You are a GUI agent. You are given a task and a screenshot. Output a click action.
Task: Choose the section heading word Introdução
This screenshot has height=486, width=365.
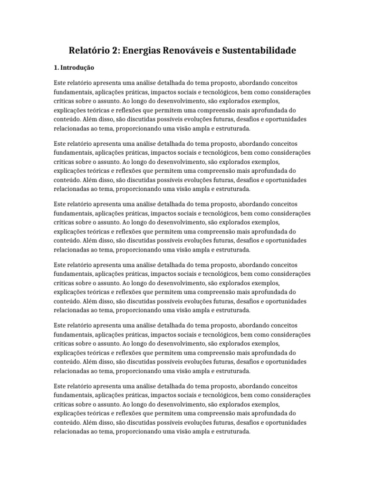pos(77,67)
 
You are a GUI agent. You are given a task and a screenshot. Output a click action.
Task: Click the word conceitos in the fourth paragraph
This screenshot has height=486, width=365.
pos(280,265)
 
